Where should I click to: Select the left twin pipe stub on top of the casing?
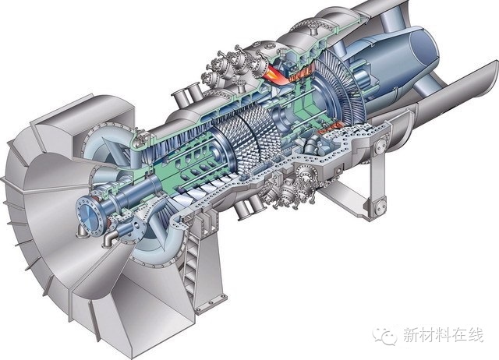click(x=179, y=100)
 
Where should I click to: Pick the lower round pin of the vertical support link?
click(x=379, y=207)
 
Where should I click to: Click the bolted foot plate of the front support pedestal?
click(x=211, y=303)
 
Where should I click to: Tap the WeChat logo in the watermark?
click(x=386, y=336)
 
